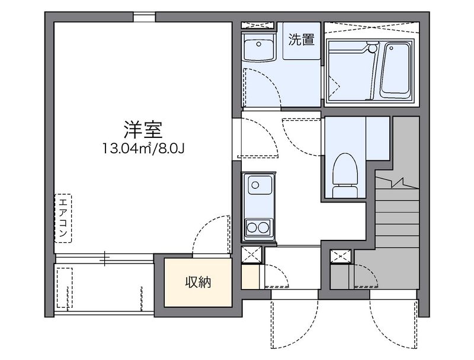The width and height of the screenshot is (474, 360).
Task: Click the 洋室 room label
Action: [143, 130]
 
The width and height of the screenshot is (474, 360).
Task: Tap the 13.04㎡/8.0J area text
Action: [143, 149]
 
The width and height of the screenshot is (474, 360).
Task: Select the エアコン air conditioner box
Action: [63, 218]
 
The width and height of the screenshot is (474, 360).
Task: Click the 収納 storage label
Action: [198, 282]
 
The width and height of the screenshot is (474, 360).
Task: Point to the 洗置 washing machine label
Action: [302, 40]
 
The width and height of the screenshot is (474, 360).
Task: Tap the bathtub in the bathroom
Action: [395, 70]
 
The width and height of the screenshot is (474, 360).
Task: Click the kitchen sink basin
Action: [260, 185]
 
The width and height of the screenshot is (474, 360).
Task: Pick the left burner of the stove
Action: [252, 227]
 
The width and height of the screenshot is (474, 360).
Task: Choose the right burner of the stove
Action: [264, 227]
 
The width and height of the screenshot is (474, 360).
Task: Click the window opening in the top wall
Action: [144, 17]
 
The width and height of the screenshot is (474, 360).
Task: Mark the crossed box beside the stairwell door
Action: [341, 256]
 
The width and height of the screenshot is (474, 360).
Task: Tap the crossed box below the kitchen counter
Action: [251, 255]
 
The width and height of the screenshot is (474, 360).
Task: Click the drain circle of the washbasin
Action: [258, 44]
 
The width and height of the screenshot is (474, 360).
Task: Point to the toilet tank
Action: [345, 192]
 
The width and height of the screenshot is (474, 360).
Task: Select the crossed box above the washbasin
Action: [258, 25]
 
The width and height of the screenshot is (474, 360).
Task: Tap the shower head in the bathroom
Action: [373, 47]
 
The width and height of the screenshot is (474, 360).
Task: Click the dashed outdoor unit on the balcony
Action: [65, 288]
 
